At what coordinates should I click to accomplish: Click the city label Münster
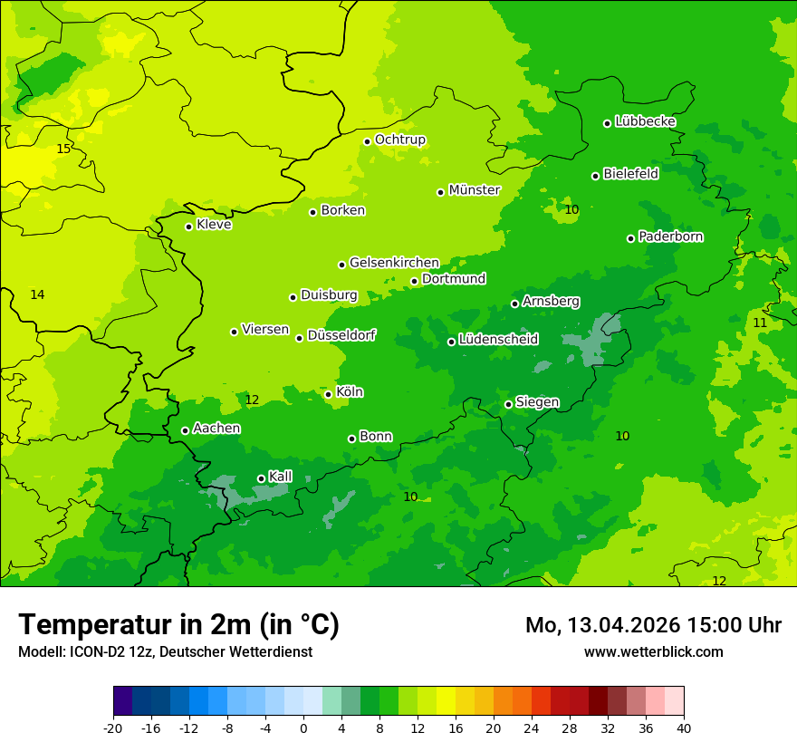click(475, 190)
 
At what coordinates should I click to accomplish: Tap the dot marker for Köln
click(328, 394)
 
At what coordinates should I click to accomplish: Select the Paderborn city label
click(671, 236)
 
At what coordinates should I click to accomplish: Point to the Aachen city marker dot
click(185, 430)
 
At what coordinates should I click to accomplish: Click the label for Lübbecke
click(645, 121)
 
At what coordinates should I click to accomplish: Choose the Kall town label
click(281, 477)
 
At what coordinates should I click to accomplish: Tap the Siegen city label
click(537, 402)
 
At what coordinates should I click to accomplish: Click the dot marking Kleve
click(188, 227)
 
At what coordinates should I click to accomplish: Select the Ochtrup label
click(400, 140)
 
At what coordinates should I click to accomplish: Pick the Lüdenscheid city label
click(498, 340)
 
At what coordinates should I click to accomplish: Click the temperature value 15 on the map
click(63, 149)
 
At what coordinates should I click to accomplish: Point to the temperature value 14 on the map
click(37, 294)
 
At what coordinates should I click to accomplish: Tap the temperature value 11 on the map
click(760, 323)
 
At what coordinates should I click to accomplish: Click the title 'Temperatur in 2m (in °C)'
click(178, 625)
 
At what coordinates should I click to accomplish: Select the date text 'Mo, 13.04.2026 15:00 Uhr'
click(653, 625)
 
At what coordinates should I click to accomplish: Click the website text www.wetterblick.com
click(653, 651)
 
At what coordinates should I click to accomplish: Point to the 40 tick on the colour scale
click(683, 728)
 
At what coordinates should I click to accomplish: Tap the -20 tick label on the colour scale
click(113, 728)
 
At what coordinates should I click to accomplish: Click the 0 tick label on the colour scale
click(303, 728)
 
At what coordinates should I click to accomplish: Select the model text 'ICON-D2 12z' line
click(165, 651)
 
